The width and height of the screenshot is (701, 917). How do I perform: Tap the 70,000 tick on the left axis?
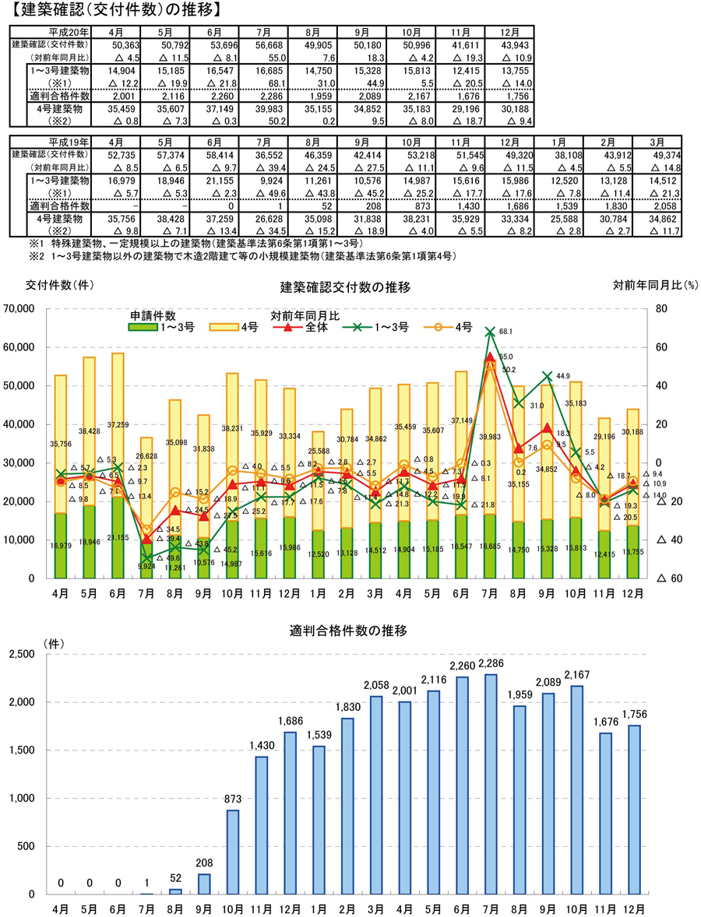[x=24, y=309]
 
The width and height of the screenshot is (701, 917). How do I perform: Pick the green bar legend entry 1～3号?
[x=160, y=328]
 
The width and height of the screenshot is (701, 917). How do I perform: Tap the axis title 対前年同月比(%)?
[x=653, y=285]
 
